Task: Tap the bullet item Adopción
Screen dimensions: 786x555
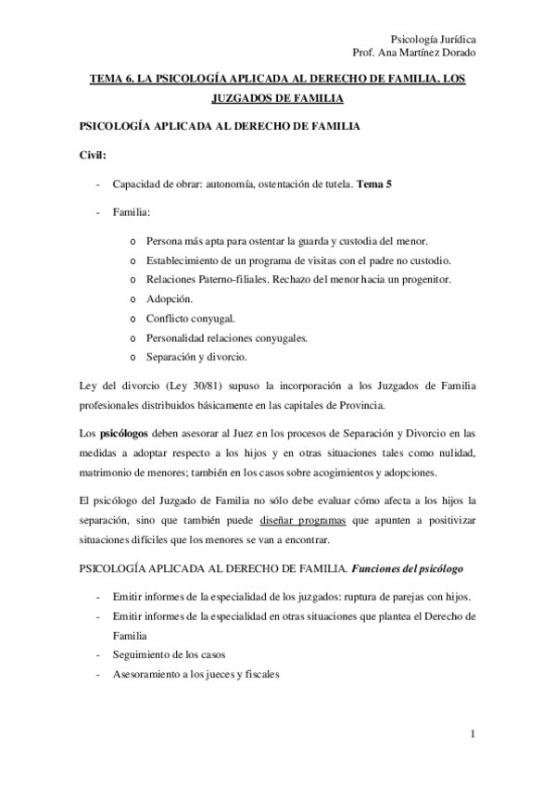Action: click(x=170, y=299)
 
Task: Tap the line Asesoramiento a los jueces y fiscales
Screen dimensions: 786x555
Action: click(x=195, y=674)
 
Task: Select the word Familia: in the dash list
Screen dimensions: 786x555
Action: click(x=132, y=213)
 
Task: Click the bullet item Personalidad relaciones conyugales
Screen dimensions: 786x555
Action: click(x=227, y=338)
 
